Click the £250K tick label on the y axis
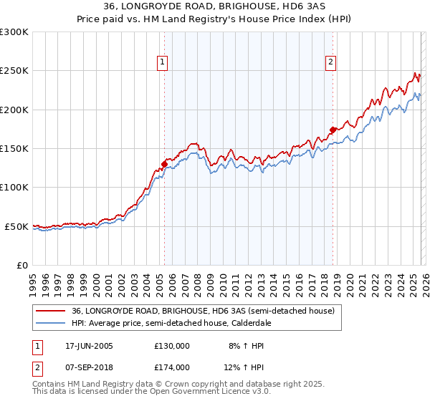point(14,71)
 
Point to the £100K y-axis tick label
point(14,187)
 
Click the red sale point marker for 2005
point(164,164)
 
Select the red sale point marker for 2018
point(333,130)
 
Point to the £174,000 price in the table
point(172,367)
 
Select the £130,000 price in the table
point(172,346)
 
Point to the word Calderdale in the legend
point(264,324)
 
